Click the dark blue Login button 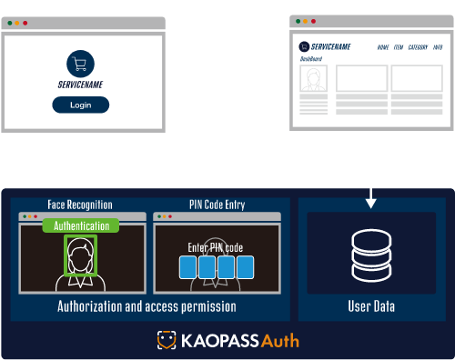click(80, 105)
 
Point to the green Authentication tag click(81, 225)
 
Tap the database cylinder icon click(371, 256)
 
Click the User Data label click(372, 306)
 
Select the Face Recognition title click(82, 205)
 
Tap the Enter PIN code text click(215, 247)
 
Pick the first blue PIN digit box click(189, 266)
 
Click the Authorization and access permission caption click(147, 306)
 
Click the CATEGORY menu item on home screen click(418, 46)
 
